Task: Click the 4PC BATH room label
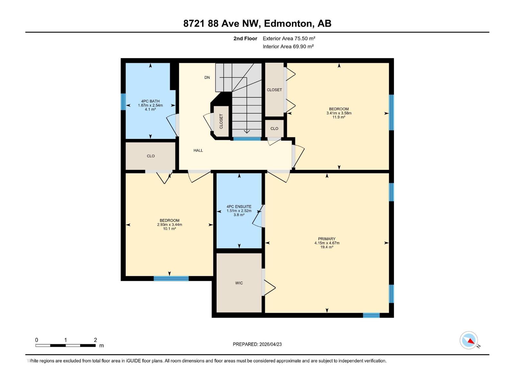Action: point(150,101)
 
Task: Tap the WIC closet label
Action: point(239,283)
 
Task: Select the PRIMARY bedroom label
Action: point(327,239)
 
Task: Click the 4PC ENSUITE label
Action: point(239,207)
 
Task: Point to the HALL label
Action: point(198,150)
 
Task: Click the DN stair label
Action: point(207,78)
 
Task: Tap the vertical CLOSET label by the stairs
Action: point(221,121)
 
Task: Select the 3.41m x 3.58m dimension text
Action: point(339,113)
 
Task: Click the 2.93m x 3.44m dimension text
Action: point(169,225)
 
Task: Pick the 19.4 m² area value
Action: point(327,247)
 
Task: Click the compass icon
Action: point(469,340)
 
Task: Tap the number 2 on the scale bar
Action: point(95,340)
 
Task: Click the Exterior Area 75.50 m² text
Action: point(289,38)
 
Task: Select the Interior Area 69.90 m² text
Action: point(288,46)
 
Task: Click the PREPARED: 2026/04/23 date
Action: point(257,344)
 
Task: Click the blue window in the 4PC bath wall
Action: point(123,102)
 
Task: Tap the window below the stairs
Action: point(247,139)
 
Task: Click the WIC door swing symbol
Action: point(269,287)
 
